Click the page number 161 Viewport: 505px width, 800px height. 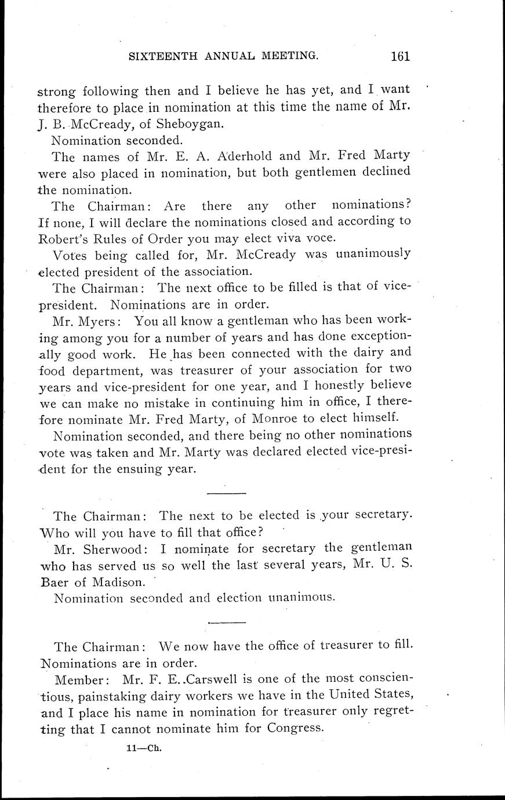point(400,56)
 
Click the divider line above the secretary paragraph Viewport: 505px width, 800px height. point(227,493)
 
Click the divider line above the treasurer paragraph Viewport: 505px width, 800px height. point(227,623)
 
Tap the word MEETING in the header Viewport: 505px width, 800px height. point(290,56)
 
